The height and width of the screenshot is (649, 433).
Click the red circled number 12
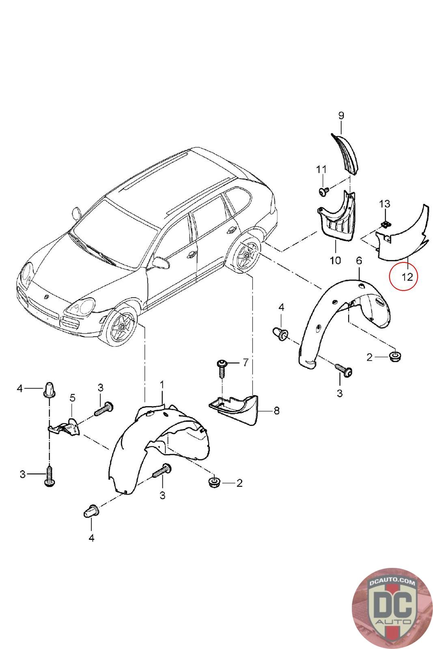[407, 277]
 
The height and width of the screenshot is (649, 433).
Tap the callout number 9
[341, 116]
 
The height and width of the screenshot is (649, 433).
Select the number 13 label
[385, 203]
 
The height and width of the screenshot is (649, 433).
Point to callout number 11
[321, 169]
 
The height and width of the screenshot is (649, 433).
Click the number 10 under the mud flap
[335, 260]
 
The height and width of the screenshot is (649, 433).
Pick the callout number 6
[359, 261]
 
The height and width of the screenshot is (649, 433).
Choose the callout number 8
[276, 411]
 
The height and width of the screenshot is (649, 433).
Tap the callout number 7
[245, 362]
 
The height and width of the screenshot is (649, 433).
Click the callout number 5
[72, 398]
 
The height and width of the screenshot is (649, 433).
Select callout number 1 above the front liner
[162, 384]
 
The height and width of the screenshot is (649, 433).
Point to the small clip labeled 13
[386, 223]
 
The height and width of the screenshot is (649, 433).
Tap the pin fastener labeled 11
[323, 191]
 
